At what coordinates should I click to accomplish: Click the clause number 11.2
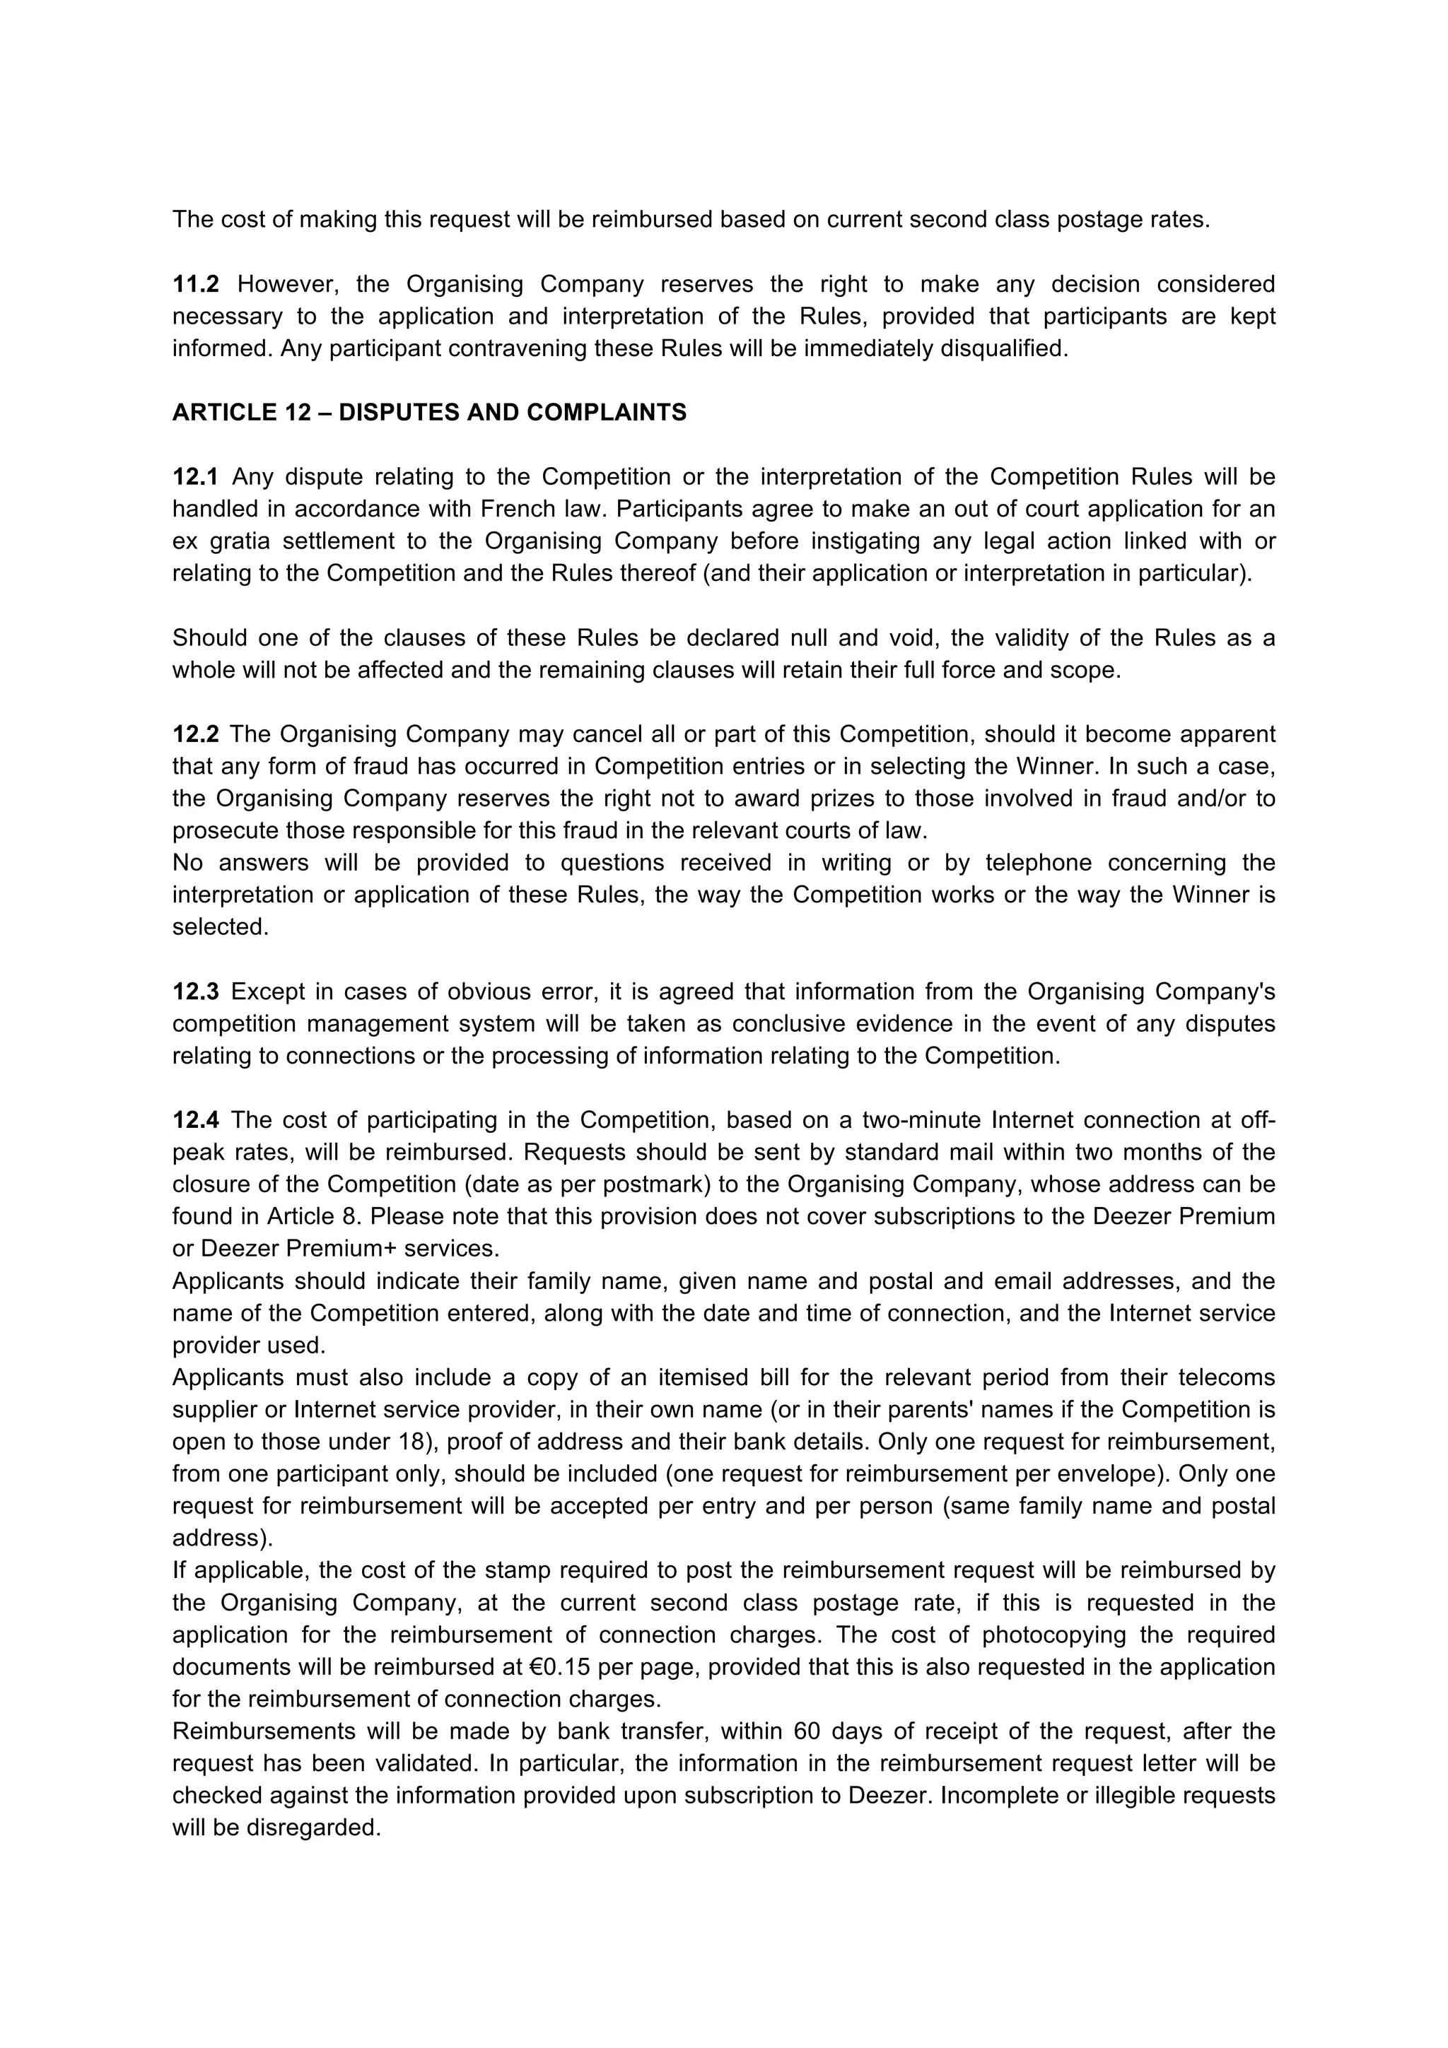pos(195,285)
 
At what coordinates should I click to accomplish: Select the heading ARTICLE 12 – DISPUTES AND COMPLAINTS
pos(429,413)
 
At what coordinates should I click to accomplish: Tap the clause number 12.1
pos(195,477)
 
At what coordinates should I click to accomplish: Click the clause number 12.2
pos(195,734)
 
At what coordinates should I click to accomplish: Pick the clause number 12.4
pos(195,1119)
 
